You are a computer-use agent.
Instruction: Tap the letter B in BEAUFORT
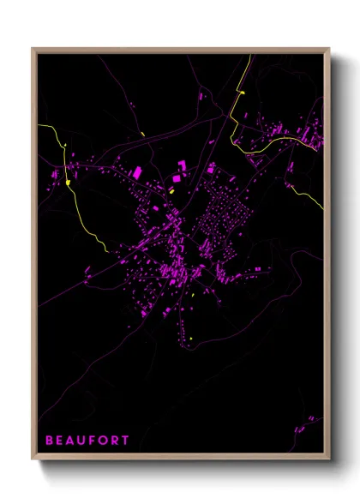coord(49,441)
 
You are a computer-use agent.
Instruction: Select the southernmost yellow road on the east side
coord(314,193)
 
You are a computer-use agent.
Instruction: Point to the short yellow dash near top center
coord(141,134)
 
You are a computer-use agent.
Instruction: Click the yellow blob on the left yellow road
coord(68,182)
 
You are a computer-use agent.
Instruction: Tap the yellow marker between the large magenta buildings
coord(171,193)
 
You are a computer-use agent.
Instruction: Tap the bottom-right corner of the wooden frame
coord(329,459)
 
